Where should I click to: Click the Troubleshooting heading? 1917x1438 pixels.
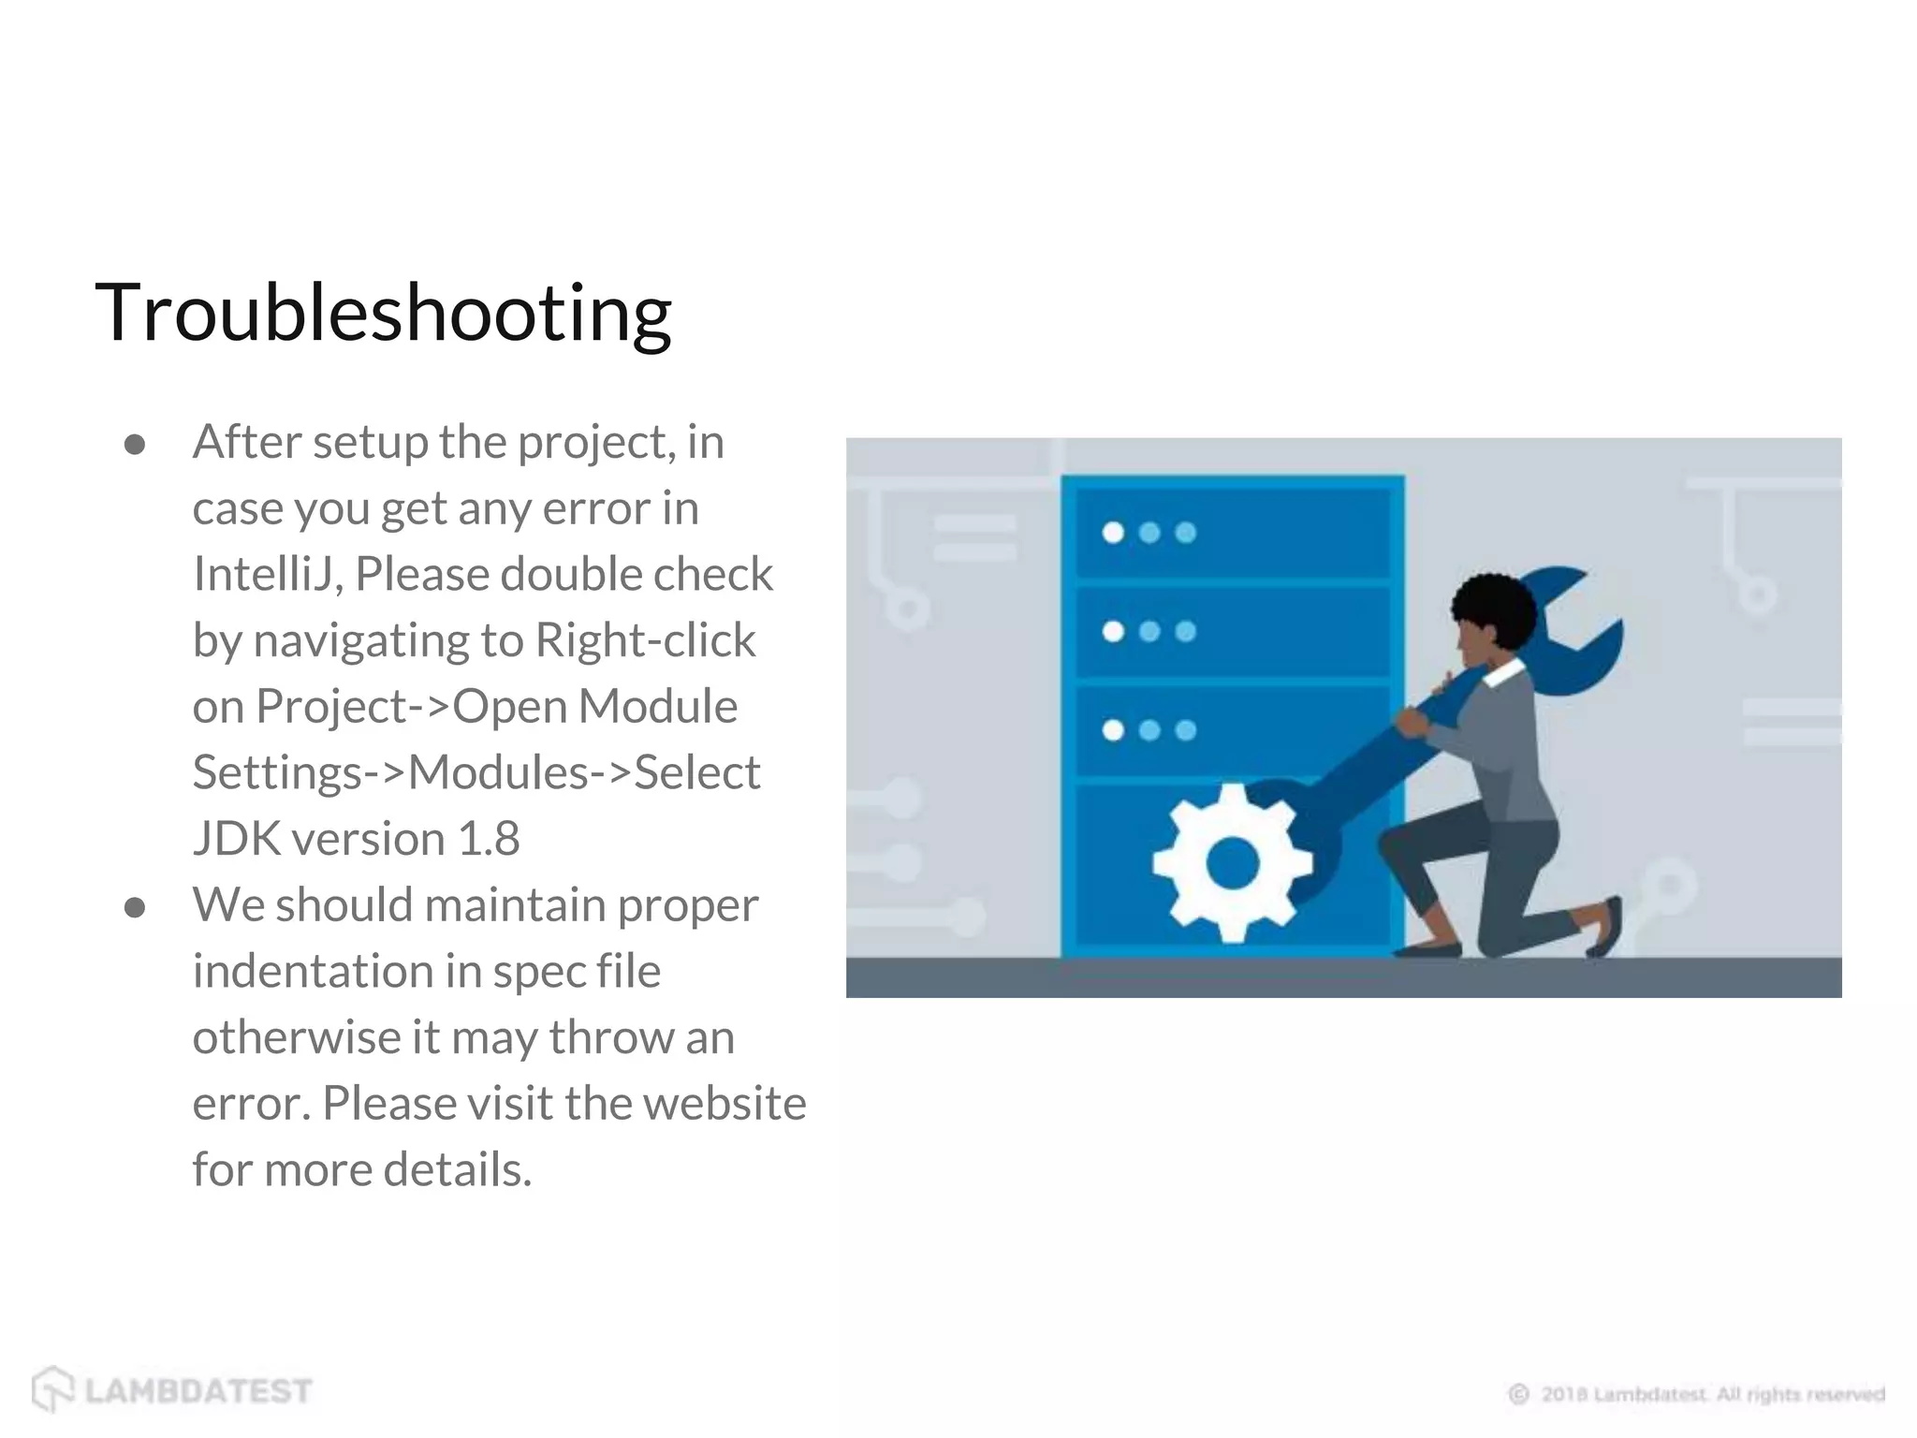pyautogui.click(x=383, y=314)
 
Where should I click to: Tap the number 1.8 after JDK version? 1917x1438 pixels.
pyautogui.click(x=488, y=839)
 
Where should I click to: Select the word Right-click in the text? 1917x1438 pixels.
pyautogui.click(x=645, y=641)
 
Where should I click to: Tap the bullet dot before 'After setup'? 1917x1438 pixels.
pyautogui.click(x=135, y=445)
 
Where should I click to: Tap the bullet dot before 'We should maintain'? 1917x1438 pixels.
pyautogui.click(x=135, y=907)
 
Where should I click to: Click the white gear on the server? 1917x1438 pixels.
pyautogui.click(x=1232, y=862)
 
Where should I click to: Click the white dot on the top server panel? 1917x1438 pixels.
pyautogui.click(x=1113, y=533)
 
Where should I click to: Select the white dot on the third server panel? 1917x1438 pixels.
pyautogui.click(x=1113, y=730)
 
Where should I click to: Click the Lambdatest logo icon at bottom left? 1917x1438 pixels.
pyautogui.click(x=52, y=1389)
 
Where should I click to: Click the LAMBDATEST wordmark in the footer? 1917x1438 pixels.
pyautogui.click(x=198, y=1391)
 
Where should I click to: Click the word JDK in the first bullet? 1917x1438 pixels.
pyautogui.click(x=236, y=839)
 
